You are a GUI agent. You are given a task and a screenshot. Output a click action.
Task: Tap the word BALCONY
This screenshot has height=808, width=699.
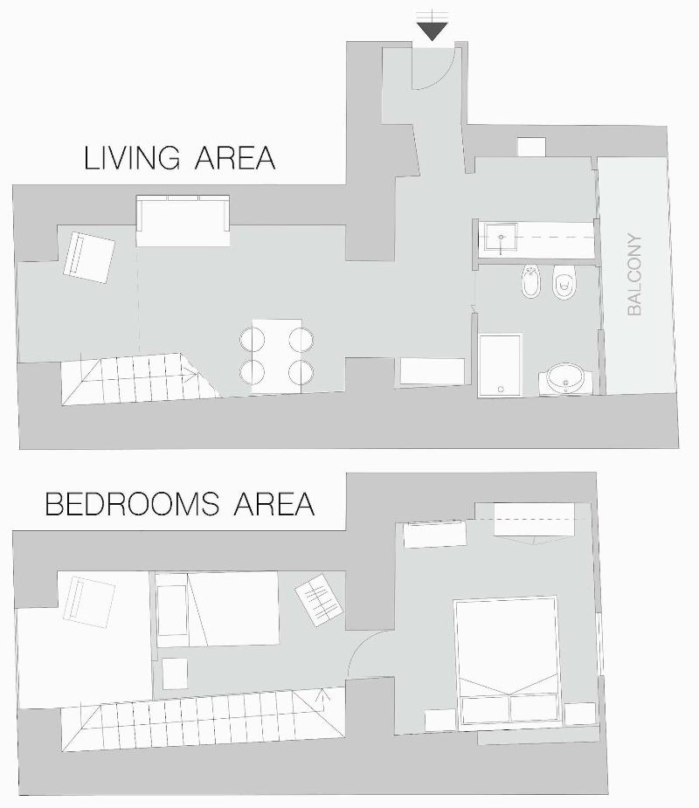coord(634,275)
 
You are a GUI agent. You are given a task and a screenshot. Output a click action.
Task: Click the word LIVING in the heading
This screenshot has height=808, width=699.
coord(132,158)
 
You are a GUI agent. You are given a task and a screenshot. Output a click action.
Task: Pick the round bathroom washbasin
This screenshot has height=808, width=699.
coord(565,379)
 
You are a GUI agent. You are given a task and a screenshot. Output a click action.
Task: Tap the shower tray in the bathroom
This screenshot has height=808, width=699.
coord(500,365)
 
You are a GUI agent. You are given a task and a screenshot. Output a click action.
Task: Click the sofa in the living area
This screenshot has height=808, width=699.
coord(183,220)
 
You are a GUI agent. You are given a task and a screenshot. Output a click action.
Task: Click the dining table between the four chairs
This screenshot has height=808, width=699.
coord(277,356)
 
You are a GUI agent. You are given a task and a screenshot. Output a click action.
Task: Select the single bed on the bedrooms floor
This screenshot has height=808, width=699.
coord(217,609)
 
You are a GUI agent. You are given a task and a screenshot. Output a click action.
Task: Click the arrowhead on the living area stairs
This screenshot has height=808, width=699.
coord(191,376)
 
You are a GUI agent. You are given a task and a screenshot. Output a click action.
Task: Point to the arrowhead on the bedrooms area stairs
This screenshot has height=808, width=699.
coord(324,694)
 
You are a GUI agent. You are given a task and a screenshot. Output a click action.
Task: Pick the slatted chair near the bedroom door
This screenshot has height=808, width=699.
coord(319,599)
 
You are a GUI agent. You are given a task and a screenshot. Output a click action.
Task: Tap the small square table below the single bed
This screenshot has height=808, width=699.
coord(175,673)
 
